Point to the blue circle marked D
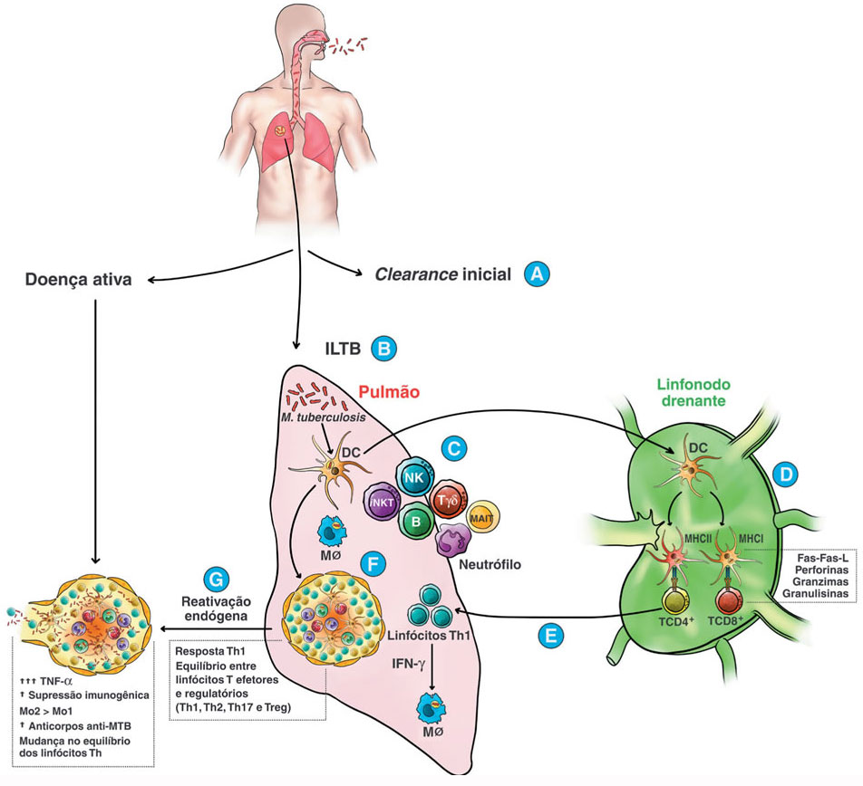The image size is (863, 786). [x=781, y=473]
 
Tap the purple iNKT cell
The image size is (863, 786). [x=383, y=503]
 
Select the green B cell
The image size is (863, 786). [x=415, y=521]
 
